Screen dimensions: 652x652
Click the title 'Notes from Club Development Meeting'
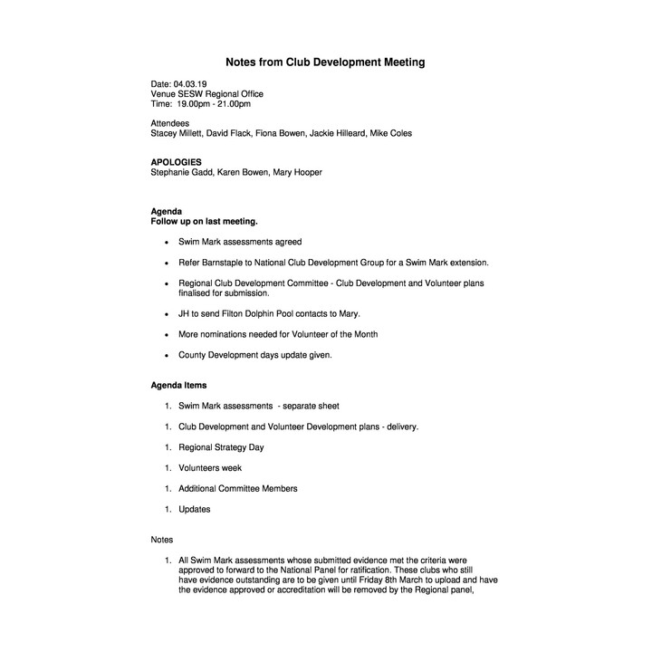pos(325,62)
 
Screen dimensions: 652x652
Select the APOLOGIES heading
pos(177,162)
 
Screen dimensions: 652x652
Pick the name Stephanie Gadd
pos(183,172)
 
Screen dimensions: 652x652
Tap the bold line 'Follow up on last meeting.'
pos(204,221)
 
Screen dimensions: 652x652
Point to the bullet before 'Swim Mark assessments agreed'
pos(166,243)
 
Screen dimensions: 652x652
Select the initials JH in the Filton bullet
pos(185,313)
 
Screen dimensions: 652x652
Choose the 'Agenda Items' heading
pos(178,386)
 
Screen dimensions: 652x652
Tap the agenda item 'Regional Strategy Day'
pos(221,447)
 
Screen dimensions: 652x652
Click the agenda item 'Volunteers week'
pos(210,468)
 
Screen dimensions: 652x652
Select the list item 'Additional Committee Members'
pos(237,488)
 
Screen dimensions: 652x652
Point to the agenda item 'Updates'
pos(194,509)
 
